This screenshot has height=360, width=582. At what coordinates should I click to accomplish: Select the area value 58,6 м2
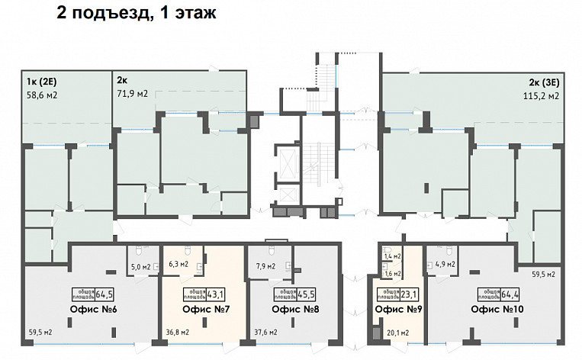(x=42, y=96)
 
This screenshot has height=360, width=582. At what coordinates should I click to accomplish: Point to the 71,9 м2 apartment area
(x=132, y=95)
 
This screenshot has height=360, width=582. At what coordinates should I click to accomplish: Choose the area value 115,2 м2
(x=540, y=96)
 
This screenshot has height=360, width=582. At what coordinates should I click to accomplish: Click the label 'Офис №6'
(x=92, y=310)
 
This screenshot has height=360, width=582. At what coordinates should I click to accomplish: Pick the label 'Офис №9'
(x=398, y=310)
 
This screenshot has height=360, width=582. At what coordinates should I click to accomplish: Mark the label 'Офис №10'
(x=497, y=310)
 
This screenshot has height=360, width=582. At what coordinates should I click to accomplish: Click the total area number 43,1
(x=217, y=293)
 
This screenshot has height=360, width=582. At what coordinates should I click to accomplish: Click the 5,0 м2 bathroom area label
(x=140, y=267)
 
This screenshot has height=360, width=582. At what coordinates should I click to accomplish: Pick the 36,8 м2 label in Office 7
(x=178, y=333)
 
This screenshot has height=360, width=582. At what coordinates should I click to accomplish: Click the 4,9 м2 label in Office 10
(x=445, y=265)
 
